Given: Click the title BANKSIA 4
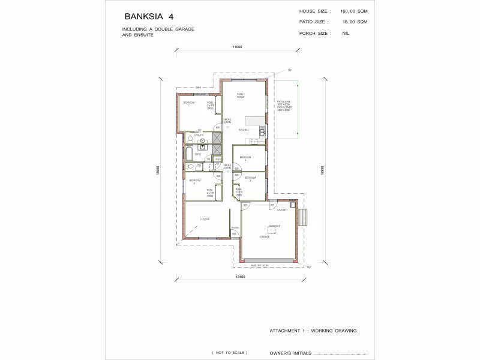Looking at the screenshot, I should [149, 16].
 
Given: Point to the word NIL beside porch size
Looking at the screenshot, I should [346, 33].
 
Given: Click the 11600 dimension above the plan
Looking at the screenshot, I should [238, 47].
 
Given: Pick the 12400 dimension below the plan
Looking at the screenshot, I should [241, 277].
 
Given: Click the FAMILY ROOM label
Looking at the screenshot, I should [240, 95].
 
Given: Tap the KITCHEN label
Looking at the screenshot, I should [244, 130].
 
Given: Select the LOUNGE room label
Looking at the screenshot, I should [205, 219].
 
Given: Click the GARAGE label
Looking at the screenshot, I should [265, 237].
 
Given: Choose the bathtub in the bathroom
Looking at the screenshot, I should [188, 154].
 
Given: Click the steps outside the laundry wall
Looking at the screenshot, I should [304, 216].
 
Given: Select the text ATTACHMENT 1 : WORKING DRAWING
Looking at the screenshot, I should [313, 331].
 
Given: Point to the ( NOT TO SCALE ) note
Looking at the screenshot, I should [229, 352].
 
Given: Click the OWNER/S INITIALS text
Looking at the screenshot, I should [290, 353].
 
